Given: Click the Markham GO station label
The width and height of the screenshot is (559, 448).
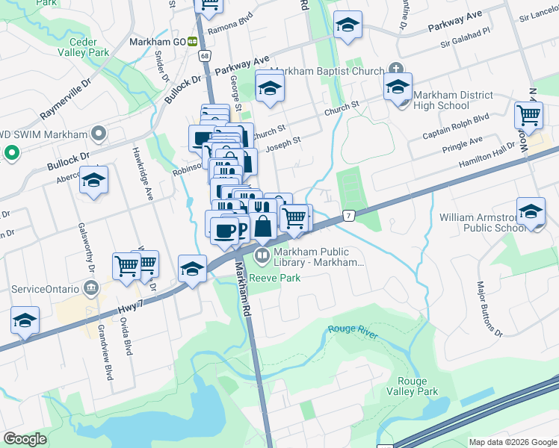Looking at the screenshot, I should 157,42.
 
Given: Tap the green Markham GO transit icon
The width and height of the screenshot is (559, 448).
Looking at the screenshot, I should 192,42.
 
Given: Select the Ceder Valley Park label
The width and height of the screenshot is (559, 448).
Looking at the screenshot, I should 90,47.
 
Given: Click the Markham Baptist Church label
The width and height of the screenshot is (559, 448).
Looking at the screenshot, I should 327,72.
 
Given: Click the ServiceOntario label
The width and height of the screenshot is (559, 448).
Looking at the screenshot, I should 45,288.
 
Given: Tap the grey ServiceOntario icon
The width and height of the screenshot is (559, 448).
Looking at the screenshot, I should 91,287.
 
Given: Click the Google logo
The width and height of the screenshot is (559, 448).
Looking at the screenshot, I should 25,438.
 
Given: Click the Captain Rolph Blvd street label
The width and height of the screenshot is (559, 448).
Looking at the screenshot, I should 455,125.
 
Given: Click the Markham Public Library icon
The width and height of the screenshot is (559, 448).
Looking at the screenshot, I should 262,257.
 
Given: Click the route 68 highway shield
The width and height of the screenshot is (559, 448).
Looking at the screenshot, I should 204,56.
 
